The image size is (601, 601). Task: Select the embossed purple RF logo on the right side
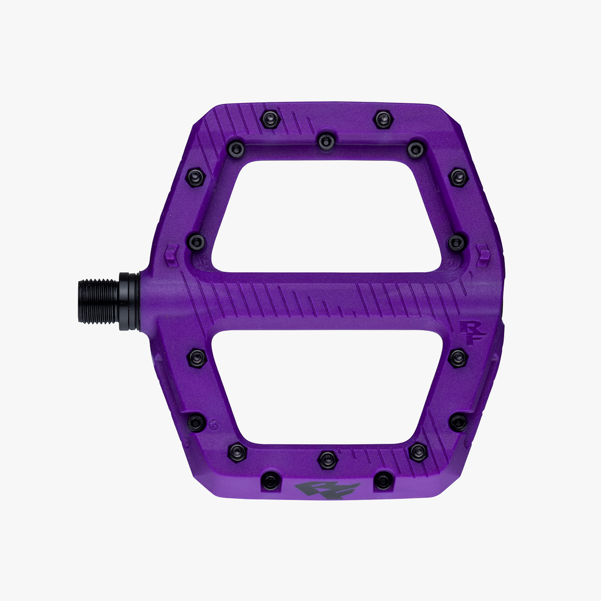click(474, 330)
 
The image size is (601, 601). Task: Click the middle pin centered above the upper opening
click(326, 141)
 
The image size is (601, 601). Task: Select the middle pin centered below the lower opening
click(327, 460)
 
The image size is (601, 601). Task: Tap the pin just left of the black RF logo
click(271, 481)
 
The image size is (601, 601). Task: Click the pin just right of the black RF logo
click(383, 481)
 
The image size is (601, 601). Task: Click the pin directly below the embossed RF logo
click(458, 357)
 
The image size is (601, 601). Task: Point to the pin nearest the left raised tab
click(196, 241)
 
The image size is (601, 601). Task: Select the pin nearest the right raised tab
click(457, 242)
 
